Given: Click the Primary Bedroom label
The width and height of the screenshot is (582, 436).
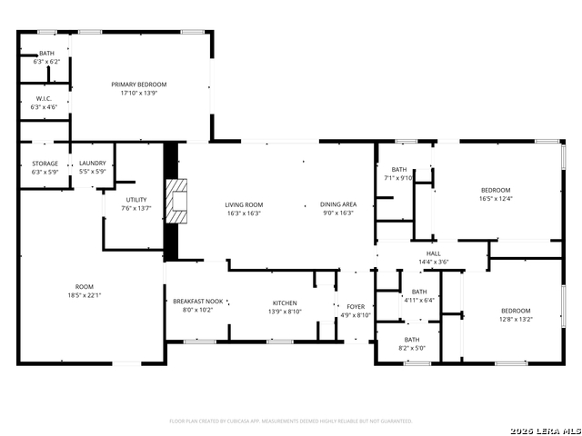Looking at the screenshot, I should point(139,84).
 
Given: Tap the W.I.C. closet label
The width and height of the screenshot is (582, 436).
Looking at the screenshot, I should point(45,98).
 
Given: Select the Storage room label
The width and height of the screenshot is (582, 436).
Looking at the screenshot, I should point(45,163).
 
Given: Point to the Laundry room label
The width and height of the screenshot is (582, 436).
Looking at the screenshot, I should point(93,163).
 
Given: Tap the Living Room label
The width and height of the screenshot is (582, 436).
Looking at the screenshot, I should point(244,204).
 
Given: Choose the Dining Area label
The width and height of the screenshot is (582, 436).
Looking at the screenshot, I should point(338,204).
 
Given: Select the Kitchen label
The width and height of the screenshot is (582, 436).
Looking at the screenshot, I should point(285,302).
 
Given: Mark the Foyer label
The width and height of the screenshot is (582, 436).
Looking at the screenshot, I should point(356,307).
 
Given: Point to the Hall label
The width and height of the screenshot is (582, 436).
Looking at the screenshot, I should point(433,253).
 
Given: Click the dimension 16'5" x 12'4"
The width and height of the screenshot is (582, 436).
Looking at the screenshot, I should point(496,198).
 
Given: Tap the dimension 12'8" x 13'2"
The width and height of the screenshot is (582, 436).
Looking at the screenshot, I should point(515,320).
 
